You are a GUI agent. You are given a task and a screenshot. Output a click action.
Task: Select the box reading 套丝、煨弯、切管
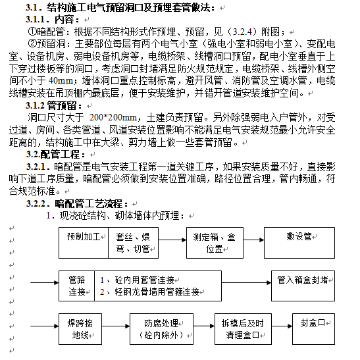pos(133,241)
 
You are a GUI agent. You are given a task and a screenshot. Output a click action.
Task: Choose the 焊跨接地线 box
pos(84,328)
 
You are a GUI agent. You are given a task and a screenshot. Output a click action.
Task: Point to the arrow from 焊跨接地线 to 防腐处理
pos(120,322)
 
